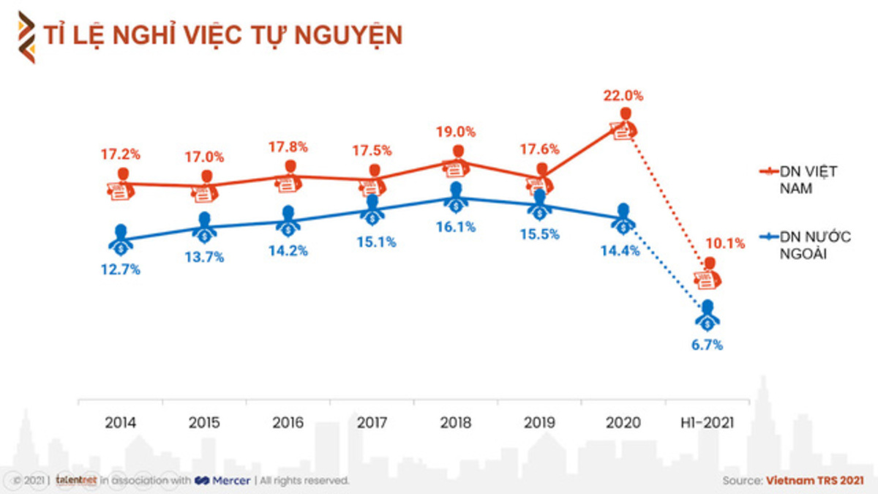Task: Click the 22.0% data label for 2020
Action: coord(623,95)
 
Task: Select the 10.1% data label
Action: coord(725,244)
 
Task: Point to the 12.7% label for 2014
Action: coord(121,269)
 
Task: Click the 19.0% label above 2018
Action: coord(457,132)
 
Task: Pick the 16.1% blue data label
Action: coord(457,227)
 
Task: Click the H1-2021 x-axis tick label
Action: coord(707,422)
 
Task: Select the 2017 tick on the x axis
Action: coord(372,422)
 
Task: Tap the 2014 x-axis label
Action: coord(121,422)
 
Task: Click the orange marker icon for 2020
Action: coord(624,125)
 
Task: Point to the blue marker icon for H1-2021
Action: coord(707,315)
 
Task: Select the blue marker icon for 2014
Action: coord(121,239)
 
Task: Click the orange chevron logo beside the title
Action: coord(26,37)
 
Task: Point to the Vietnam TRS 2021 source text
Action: coord(814,481)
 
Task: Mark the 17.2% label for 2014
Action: coord(121,154)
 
